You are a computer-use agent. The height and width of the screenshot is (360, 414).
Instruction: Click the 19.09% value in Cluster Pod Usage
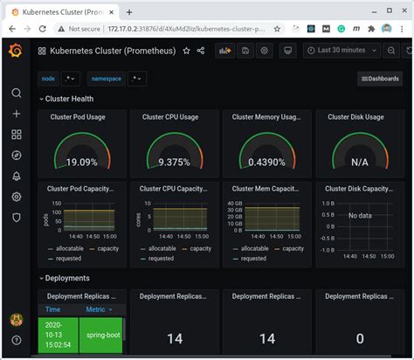click(82, 162)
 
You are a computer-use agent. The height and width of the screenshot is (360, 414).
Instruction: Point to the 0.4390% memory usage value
click(266, 162)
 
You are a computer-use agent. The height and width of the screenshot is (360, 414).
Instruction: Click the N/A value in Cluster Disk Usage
click(358, 162)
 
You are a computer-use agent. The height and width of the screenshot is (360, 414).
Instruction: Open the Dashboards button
click(380, 79)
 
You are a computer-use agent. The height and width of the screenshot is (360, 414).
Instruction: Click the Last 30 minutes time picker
click(342, 51)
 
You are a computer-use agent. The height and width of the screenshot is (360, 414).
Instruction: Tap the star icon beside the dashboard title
click(186, 51)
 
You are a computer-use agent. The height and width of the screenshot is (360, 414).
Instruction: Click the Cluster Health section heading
click(69, 99)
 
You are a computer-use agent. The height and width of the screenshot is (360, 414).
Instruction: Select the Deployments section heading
click(66, 278)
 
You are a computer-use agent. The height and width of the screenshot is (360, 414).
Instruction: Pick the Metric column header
click(95, 309)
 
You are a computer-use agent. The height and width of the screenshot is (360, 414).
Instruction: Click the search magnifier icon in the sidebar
click(16, 93)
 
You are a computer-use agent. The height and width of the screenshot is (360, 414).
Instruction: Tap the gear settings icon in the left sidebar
click(16, 197)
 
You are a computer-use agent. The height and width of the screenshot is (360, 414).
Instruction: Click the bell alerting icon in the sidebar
click(16, 176)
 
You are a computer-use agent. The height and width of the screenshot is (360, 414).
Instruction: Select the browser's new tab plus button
click(130, 12)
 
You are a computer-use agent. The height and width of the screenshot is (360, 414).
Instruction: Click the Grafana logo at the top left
click(16, 51)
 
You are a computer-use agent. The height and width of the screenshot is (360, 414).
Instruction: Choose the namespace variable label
click(107, 79)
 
